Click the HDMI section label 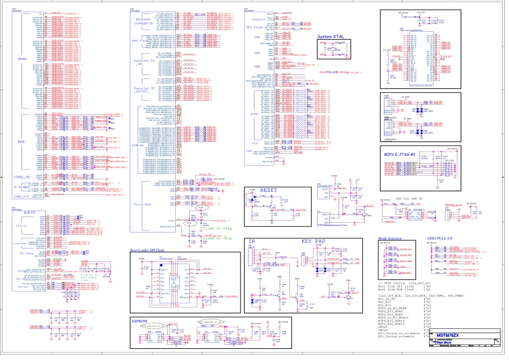pos(23,59)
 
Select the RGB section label pos(22,141)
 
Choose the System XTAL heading pos(331,35)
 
